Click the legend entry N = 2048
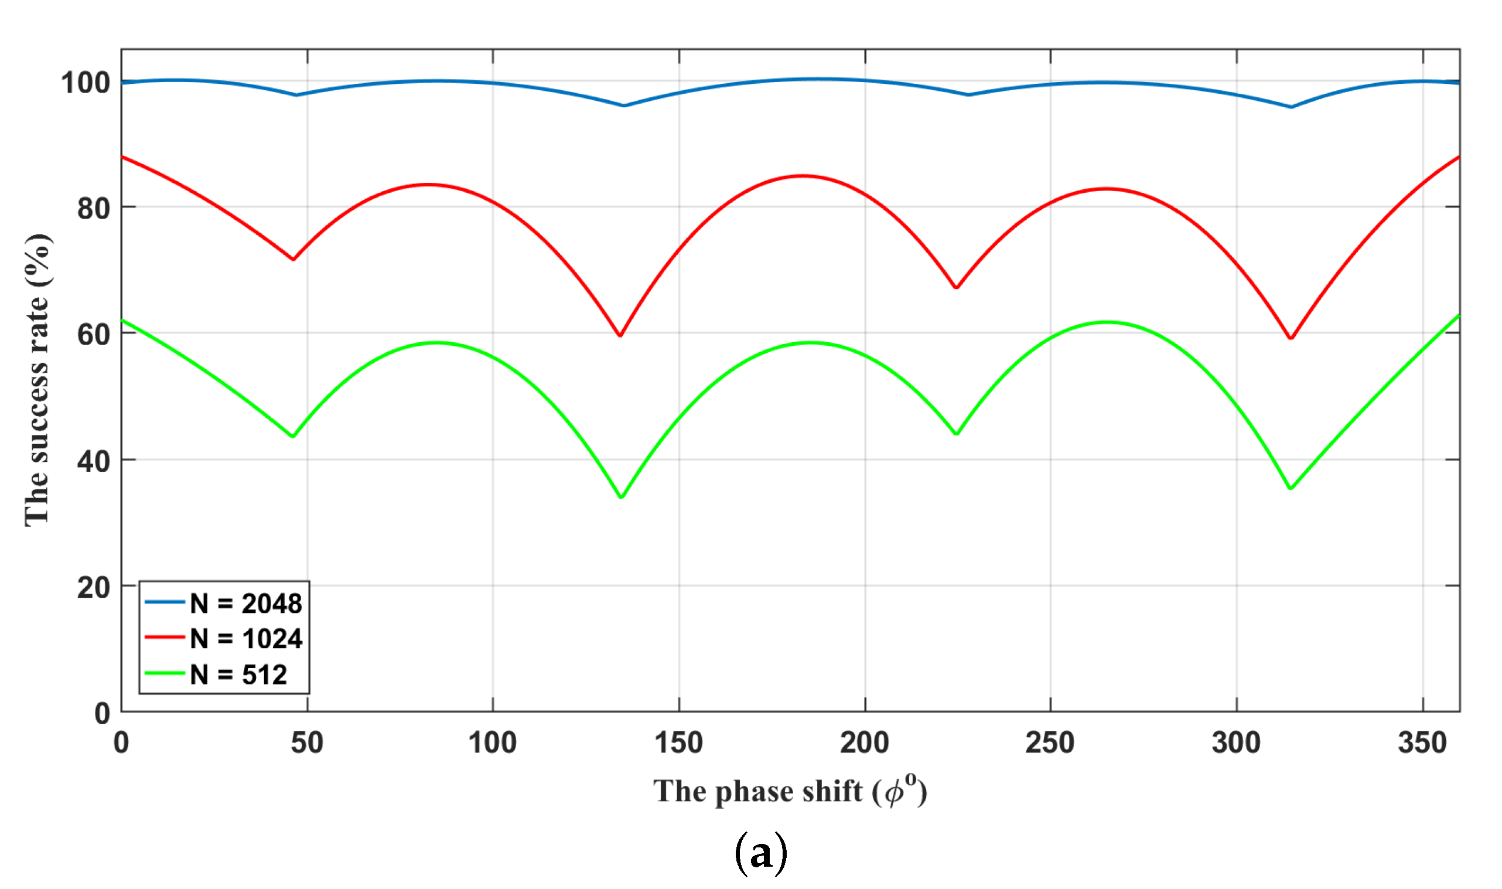(x=245, y=603)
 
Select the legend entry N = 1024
(x=245, y=639)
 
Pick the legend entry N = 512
(x=238, y=675)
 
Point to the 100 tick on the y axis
(x=86, y=82)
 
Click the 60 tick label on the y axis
(x=93, y=334)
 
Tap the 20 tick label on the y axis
(x=93, y=588)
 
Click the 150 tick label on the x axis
(x=678, y=743)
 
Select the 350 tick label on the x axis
(x=1422, y=743)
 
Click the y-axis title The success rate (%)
(x=37, y=380)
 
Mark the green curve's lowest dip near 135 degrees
(x=621, y=497)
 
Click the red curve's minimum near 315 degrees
(x=1291, y=339)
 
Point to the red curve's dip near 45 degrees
(x=293, y=260)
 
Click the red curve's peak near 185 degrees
(x=802, y=176)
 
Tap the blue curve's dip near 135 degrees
(x=624, y=105)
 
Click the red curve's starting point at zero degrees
(x=122, y=157)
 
